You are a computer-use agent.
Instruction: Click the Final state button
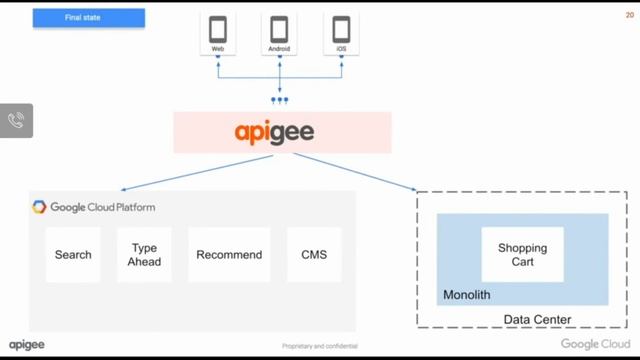pos(88,18)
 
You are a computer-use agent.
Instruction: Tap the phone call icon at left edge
pos(16,121)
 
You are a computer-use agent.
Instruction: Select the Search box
pos(73,255)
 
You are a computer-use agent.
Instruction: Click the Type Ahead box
pos(143,255)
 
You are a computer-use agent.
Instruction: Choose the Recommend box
pos(229,255)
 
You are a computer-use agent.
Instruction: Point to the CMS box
pos(314,255)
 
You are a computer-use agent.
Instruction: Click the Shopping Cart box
pos(522,255)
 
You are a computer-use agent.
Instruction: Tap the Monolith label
pos(467,296)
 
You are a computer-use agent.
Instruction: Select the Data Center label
pos(537,320)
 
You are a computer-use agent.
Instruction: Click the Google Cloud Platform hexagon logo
pos(39,207)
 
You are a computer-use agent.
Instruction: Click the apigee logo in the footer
pos(27,345)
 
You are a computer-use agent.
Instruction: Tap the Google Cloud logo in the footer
pos(594,345)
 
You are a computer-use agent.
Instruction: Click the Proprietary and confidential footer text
pos(320,347)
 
